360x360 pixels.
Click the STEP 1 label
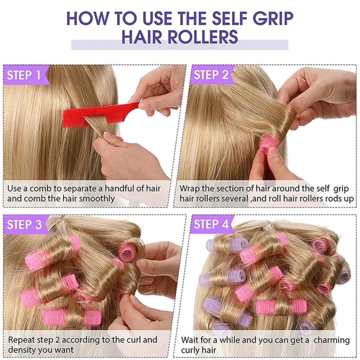click(24, 75)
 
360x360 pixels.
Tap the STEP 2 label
click(211, 74)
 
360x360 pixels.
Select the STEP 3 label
click(24, 224)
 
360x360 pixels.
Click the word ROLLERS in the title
click(203, 37)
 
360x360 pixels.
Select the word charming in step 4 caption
click(332, 340)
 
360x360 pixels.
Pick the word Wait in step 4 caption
click(190, 340)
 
